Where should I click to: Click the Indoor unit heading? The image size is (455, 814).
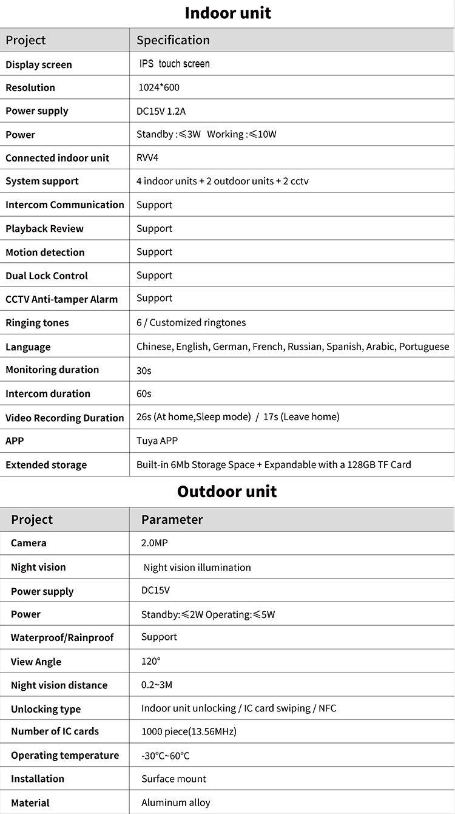pyautogui.click(x=227, y=13)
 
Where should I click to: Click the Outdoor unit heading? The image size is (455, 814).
pyautogui.click(x=227, y=491)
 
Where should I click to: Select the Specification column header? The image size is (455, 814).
pyautogui.click(x=173, y=40)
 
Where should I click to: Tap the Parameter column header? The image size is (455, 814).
pyautogui.click(x=172, y=519)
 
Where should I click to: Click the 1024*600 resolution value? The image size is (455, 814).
pyautogui.click(x=159, y=87)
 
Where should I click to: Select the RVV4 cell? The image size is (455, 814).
pyautogui.click(x=147, y=158)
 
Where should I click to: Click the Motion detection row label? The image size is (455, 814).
pyautogui.click(x=45, y=252)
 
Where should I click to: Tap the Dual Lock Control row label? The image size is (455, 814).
pyautogui.click(x=47, y=276)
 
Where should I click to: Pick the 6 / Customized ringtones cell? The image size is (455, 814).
pyautogui.click(x=191, y=322)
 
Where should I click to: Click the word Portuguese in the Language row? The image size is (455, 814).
pyautogui.click(x=424, y=347)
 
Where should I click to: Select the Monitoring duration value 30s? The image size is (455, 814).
pyautogui.click(x=144, y=370)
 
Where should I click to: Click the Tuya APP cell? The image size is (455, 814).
pyautogui.click(x=157, y=441)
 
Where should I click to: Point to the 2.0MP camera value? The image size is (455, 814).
pyautogui.click(x=154, y=543)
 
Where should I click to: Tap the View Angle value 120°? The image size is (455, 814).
pyautogui.click(x=151, y=661)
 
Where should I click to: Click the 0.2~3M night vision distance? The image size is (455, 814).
pyautogui.click(x=157, y=685)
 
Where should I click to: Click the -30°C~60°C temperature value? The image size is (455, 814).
pyautogui.click(x=165, y=756)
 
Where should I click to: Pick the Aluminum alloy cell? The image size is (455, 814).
pyautogui.click(x=176, y=802)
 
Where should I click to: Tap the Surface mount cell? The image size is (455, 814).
pyautogui.click(x=174, y=779)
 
